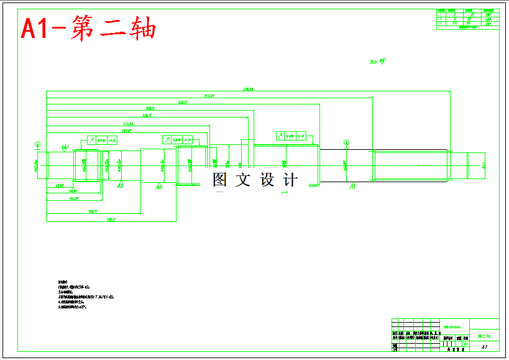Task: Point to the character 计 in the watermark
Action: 290,180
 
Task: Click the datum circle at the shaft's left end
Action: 37,145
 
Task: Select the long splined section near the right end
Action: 410,165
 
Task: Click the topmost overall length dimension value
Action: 247,90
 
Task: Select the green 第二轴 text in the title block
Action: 484,336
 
